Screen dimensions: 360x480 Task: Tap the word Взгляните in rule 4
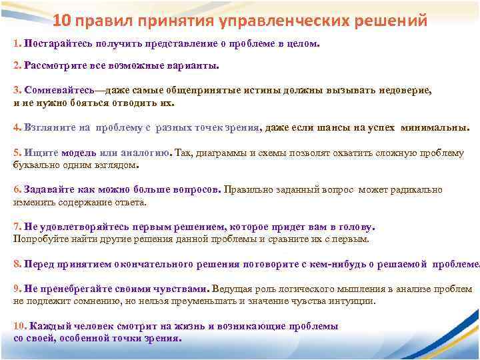tap(47, 128)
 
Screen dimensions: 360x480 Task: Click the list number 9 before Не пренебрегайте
tap(17, 289)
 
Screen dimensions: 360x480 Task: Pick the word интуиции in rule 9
tap(353, 301)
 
